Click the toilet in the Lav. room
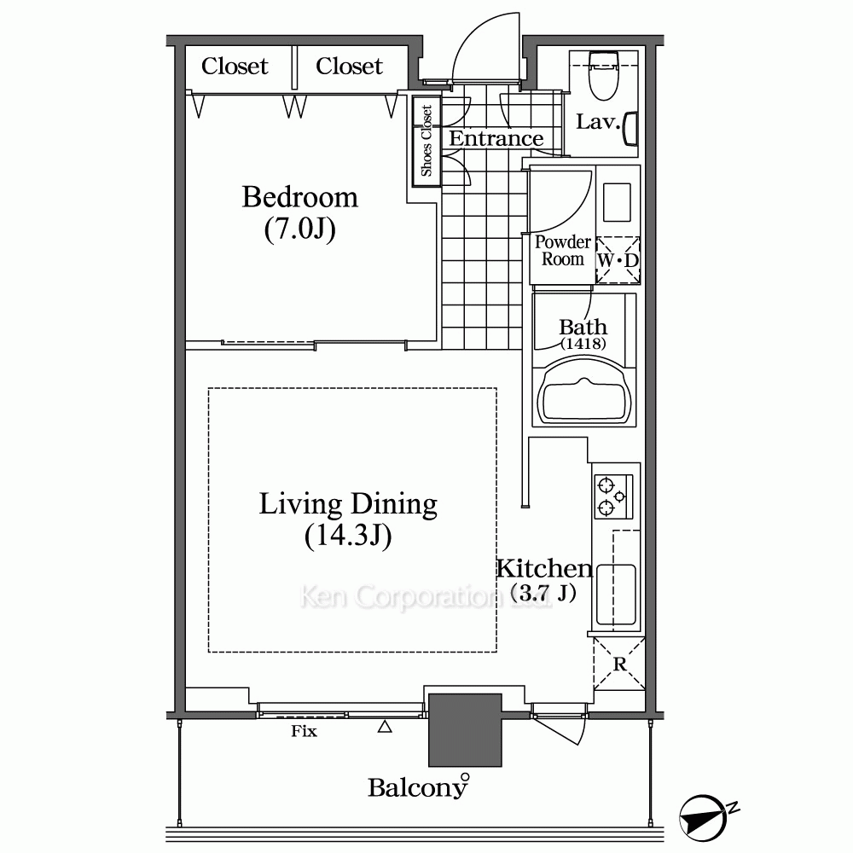coord(603,75)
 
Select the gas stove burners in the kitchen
coord(613,496)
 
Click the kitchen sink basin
coord(616,595)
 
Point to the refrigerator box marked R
coord(619,664)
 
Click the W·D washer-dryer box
coord(618,260)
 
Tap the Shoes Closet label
coord(426,141)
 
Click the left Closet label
coord(235,67)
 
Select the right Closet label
coord(349,67)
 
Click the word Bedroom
coord(300,197)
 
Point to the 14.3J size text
coord(348,537)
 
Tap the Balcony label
coord(417,787)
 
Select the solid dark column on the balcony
coord(465,730)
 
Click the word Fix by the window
coord(304,731)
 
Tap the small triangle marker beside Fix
coord(385,726)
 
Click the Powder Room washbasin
coord(617,202)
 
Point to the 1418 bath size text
coord(583,343)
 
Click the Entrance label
coord(496,139)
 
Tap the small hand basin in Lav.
coord(630,129)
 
